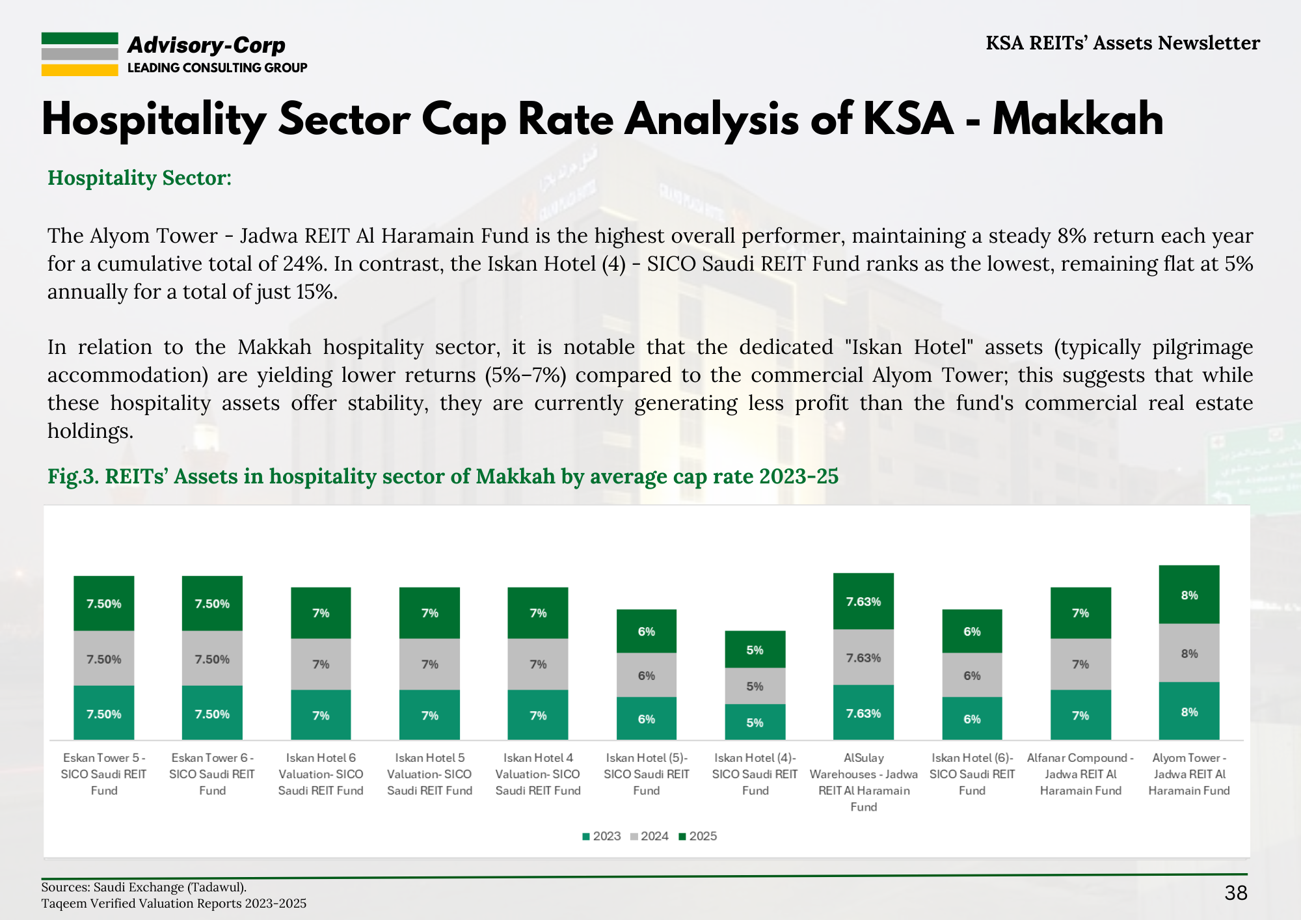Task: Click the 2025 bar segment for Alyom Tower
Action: (1188, 595)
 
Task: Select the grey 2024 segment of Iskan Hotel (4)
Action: (755, 686)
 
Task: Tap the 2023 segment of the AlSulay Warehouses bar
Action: (863, 713)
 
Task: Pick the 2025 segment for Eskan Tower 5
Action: (104, 603)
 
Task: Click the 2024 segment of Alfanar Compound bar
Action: (1080, 664)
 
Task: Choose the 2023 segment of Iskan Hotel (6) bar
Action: (972, 718)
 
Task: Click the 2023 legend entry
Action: (602, 836)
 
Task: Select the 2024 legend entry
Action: (649, 836)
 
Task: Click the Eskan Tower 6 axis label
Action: (212, 774)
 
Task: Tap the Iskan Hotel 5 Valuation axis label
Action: (429, 774)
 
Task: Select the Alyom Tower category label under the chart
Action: (1188, 774)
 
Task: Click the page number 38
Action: (1235, 893)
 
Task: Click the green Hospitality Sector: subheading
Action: (139, 178)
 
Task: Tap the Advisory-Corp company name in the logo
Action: (206, 45)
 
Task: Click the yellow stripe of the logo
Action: (79, 70)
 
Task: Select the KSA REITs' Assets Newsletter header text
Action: (1122, 43)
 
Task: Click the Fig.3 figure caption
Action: (442, 476)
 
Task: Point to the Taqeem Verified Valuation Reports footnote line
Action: (174, 903)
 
